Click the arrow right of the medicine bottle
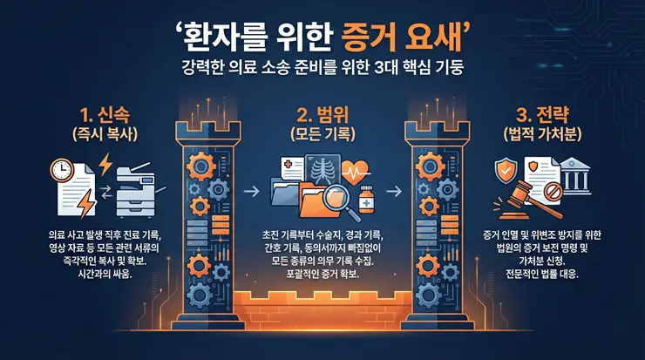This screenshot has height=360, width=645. [x=393, y=187]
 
